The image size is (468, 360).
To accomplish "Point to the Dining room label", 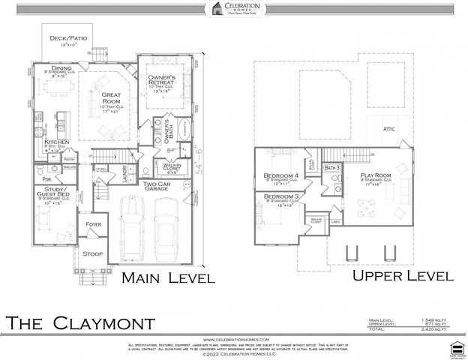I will (61, 68).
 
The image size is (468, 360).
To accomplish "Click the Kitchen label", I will (57, 142).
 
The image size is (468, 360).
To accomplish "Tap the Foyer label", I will (93, 223).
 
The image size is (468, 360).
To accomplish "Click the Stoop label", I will (92, 253).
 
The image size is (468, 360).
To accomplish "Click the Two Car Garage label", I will (159, 187).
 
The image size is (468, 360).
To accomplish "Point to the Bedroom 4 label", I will (280, 176).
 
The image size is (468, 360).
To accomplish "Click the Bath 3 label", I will (332, 167).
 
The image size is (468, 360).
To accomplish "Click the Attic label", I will (388, 129).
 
